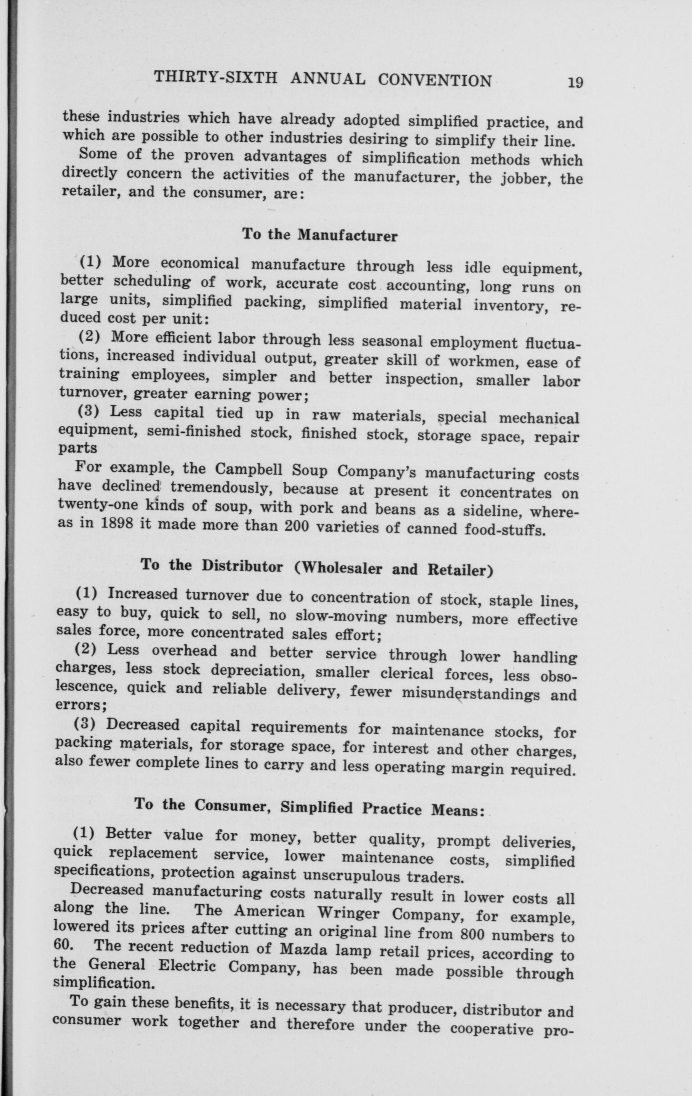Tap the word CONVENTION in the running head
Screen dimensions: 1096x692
pyautogui.click(x=435, y=81)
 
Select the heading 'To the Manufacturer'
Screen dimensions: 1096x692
pyautogui.click(x=320, y=235)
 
